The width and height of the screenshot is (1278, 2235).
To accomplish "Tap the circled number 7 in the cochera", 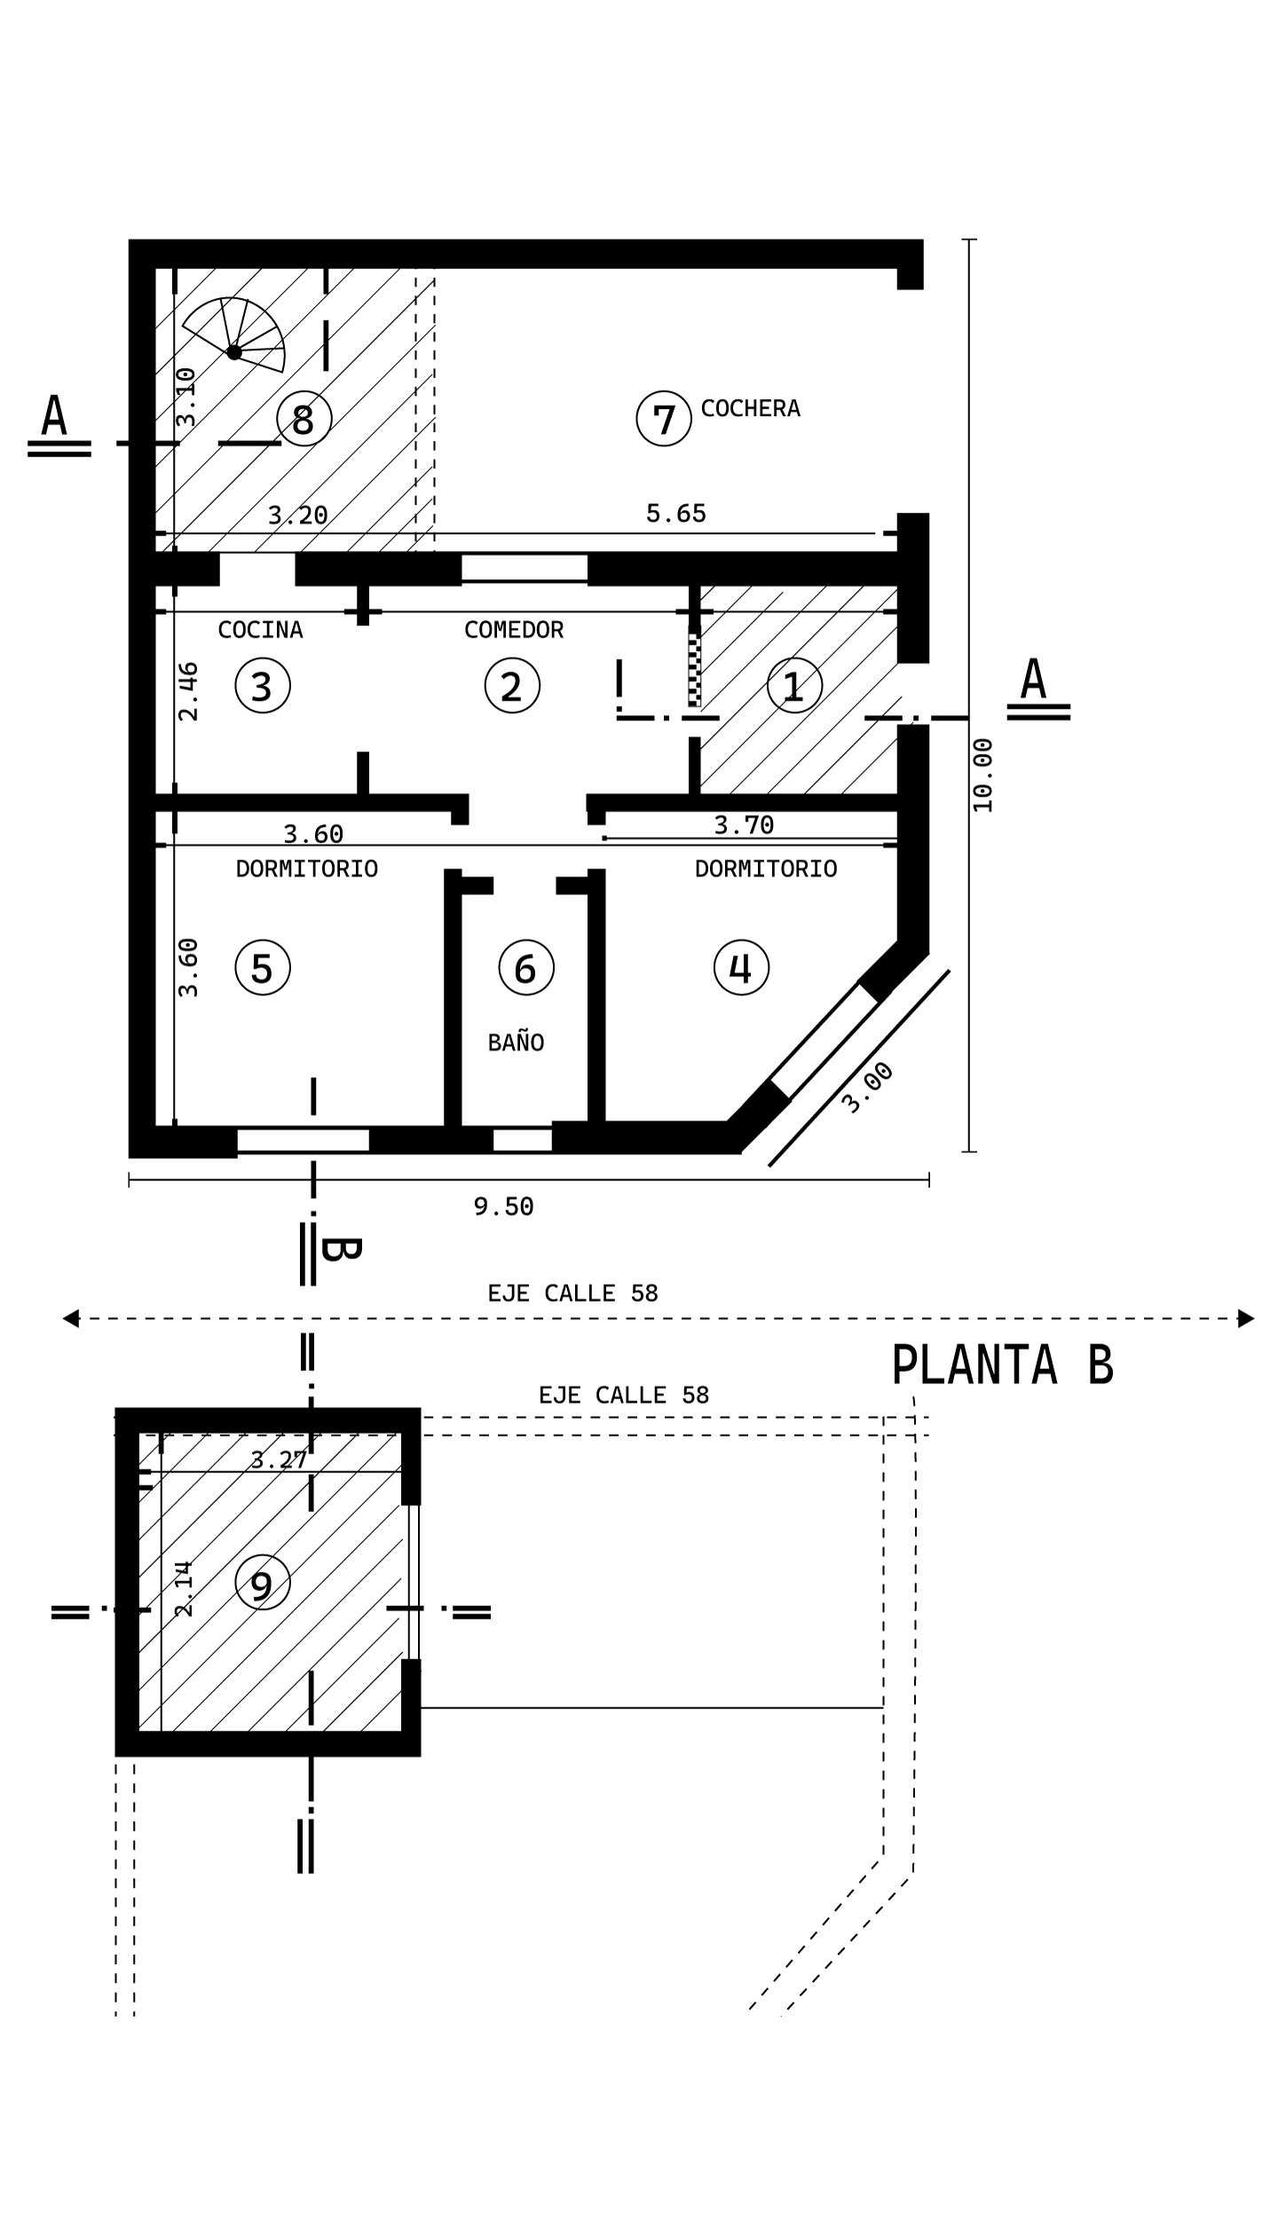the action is click(664, 418).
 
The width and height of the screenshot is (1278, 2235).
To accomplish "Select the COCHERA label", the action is click(750, 408).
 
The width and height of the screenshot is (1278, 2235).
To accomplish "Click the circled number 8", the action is click(304, 418).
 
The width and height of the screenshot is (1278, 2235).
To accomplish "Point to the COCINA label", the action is click(260, 630).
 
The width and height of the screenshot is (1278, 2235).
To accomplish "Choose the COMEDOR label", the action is click(514, 630).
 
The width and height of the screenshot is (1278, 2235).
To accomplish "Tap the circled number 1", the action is click(794, 685).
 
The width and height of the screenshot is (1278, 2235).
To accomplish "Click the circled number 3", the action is click(263, 685).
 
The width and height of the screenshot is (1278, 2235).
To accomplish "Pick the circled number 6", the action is click(526, 967).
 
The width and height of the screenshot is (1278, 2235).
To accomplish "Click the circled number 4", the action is click(741, 967).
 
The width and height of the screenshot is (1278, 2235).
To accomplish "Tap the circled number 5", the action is click(263, 967).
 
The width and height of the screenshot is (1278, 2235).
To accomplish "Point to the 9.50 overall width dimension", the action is click(503, 1207).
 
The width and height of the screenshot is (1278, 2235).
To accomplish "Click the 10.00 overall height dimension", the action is click(982, 775).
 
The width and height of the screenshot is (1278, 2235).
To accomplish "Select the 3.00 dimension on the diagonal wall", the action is click(867, 1087).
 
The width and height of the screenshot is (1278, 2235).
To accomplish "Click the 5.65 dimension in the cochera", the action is click(676, 514).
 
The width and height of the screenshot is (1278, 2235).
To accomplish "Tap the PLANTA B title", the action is click(1002, 1365).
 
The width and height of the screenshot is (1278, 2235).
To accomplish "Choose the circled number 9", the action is click(263, 1582).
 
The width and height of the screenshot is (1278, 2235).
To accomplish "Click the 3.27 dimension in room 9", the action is click(279, 1460).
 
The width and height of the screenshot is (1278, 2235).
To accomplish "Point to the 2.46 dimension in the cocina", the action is click(188, 691).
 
